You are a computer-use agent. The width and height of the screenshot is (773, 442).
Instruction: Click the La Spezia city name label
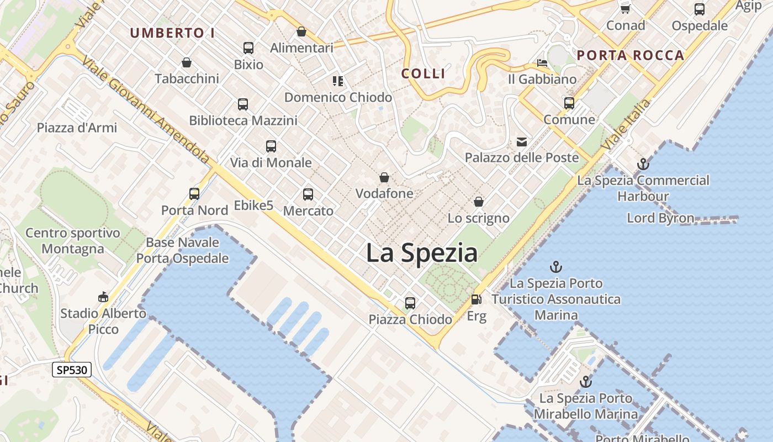[422, 253]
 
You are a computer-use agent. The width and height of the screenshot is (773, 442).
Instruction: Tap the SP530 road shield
[72, 370]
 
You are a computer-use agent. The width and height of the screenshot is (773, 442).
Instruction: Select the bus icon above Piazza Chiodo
[410, 303]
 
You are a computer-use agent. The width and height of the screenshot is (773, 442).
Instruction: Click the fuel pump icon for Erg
[475, 299]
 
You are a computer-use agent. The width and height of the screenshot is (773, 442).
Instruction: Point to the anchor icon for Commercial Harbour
[643, 164]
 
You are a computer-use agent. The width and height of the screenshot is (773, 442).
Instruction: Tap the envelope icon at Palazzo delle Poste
[522, 142]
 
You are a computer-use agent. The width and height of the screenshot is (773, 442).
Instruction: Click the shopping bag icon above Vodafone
[384, 177]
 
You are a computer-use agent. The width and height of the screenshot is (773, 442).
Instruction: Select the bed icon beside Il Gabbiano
[542, 63]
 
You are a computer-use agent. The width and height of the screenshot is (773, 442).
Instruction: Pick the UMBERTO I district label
[172, 33]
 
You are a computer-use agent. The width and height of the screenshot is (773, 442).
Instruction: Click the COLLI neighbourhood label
[423, 73]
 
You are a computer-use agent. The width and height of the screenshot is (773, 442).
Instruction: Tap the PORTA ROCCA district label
[631, 55]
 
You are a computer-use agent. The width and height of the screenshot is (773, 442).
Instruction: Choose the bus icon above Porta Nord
[194, 193]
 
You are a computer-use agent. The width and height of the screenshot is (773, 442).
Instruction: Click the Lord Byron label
[660, 218]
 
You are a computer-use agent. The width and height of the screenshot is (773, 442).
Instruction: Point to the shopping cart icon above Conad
[626, 9]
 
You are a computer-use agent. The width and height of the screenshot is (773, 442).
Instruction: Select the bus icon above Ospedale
[700, 9]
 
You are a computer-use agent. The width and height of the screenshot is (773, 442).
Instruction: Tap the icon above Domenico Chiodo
[338, 81]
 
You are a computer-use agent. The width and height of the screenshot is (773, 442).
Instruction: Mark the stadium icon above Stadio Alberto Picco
[103, 297]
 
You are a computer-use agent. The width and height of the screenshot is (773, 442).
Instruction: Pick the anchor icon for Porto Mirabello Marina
[585, 382]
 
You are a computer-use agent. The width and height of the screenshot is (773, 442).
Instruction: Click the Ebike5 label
[253, 206]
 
